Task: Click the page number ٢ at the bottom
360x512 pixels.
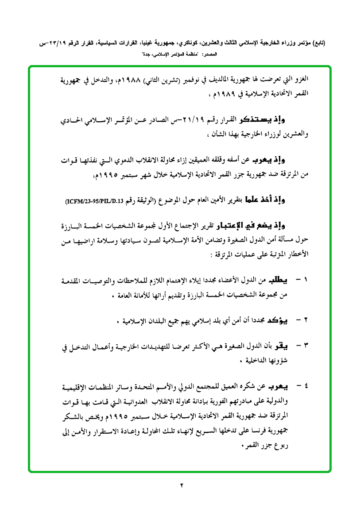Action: (181, 485)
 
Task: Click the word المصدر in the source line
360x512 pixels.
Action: (210, 54)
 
